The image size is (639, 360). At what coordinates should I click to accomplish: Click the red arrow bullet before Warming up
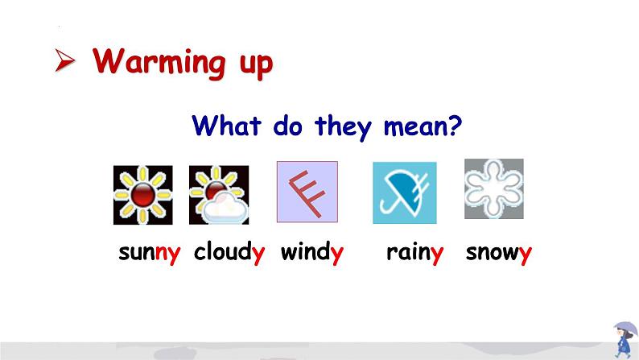pyautogui.click(x=65, y=60)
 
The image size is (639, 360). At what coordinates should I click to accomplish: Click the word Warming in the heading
pyautogui.click(x=159, y=61)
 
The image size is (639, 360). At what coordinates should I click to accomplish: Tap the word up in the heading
pyautogui.click(x=256, y=64)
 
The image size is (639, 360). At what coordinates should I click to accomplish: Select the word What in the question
pyautogui.click(x=226, y=126)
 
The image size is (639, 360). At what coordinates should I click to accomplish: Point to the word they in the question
pyautogui.click(x=343, y=127)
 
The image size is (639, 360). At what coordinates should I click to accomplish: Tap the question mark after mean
pyautogui.click(x=454, y=125)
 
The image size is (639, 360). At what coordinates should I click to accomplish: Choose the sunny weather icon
pyautogui.click(x=143, y=195)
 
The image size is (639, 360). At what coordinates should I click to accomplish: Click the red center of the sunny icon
pyautogui.click(x=143, y=194)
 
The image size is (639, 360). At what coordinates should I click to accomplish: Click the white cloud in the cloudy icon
pyautogui.click(x=225, y=208)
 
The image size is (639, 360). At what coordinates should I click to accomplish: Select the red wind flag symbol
pyautogui.click(x=307, y=193)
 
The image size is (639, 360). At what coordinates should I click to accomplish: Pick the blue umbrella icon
pyautogui.click(x=405, y=192)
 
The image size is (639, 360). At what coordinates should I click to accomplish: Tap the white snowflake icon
pyautogui.click(x=494, y=188)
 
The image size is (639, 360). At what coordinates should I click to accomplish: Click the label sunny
pyautogui.click(x=149, y=253)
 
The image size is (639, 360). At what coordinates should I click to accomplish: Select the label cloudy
pyautogui.click(x=229, y=252)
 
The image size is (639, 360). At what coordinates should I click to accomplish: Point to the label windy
pyautogui.click(x=311, y=252)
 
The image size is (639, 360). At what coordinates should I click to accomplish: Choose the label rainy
pyautogui.click(x=414, y=253)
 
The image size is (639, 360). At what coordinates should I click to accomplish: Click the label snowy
pyautogui.click(x=498, y=254)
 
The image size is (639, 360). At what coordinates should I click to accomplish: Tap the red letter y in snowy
pyautogui.click(x=526, y=255)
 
